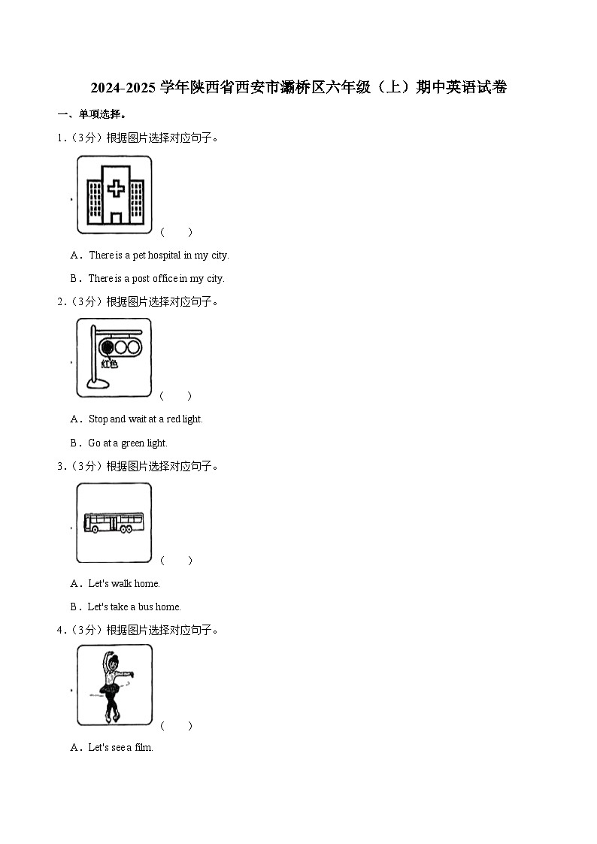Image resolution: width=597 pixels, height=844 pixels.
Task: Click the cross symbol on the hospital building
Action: click(116, 189)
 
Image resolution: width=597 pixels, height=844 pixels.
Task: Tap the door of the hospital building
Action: click(116, 217)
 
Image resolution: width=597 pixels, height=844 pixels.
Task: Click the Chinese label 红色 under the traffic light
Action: click(110, 364)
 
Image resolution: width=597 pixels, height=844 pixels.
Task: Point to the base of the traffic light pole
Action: click(98, 383)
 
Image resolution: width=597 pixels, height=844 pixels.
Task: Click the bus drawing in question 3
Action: click(114, 522)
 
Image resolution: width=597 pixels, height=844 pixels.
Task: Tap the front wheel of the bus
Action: click(95, 530)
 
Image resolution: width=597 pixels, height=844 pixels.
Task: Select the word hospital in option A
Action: click(164, 255)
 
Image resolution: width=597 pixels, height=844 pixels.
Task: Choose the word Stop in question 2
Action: click(98, 419)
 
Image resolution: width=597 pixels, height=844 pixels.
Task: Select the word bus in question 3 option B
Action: click(145, 607)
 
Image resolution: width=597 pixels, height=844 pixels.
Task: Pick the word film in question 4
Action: click(144, 747)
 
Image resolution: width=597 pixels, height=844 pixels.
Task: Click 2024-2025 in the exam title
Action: click(123, 87)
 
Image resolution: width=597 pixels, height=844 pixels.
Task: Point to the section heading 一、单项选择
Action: click(92, 114)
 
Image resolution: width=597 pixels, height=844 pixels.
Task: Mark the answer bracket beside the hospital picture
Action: click(176, 232)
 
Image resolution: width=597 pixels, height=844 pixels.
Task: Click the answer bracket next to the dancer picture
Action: click(176, 725)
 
